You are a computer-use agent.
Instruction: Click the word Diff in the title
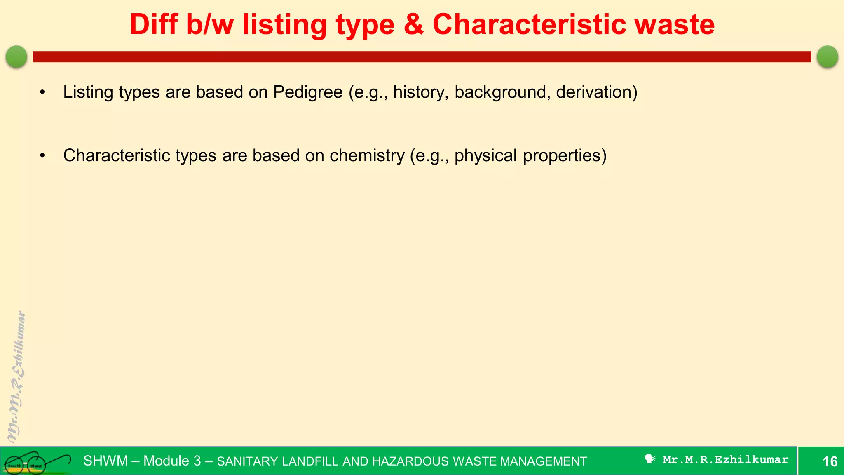coord(154,25)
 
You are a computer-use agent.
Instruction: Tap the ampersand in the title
coord(414,25)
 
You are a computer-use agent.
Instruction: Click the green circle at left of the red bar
coord(16,56)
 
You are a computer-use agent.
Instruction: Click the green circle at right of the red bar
coord(827,56)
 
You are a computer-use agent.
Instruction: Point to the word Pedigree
coord(308,92)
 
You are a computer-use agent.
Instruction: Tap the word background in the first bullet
coord(502,92)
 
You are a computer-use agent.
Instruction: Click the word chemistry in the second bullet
coord(367,156)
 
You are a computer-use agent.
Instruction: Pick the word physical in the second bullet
coord(485,156)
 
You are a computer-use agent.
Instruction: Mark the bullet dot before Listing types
coord(42,92)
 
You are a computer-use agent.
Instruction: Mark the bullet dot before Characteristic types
coord(42,156)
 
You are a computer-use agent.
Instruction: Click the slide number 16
coord(830,461)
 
